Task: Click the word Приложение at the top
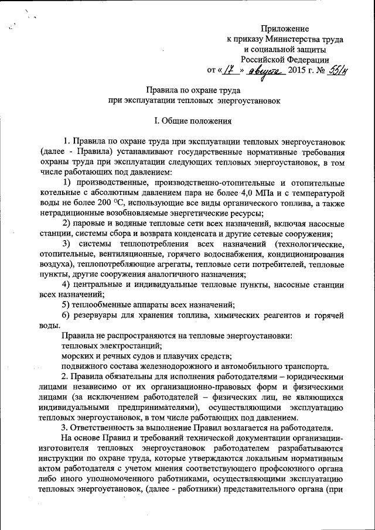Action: click(x=285, y=28)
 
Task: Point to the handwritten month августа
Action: click(x=265, y=71)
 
